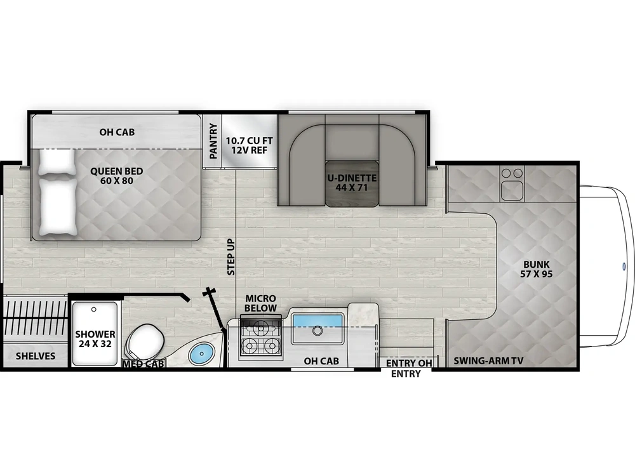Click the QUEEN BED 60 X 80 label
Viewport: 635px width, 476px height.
(x=117, y=176)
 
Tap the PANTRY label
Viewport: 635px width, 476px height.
(x=213, y=141)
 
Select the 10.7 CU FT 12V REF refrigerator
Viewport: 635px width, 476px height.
(x=249, y=141)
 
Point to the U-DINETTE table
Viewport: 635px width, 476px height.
(x=352, y=183)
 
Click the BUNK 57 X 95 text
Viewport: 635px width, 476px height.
(x=536, y=269)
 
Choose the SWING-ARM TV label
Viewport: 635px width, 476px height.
(x=488, y=360)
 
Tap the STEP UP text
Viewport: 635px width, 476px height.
(x=231, y=257)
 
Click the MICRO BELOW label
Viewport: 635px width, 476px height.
(x=260, y=303)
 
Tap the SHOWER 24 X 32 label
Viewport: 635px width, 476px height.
(x=95, y=339)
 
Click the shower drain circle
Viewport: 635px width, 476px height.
(x=93, y=310)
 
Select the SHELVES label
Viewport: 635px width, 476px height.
(x=36, y=356)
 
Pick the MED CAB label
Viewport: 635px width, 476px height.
(x=144, y=364)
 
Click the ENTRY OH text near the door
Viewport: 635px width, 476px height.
(x=408, y=363)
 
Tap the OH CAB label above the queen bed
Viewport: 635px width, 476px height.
(x=117, y=132)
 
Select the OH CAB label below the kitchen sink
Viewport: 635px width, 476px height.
(x=321, y=360)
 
